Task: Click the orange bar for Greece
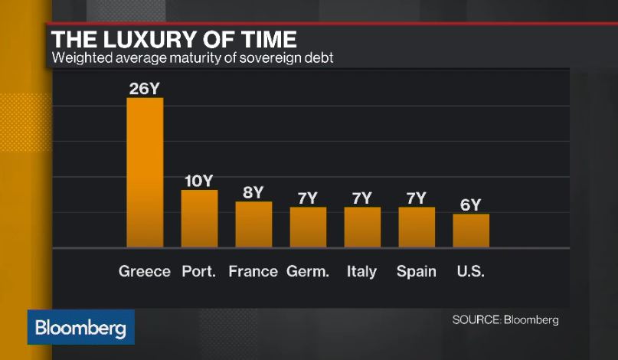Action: (145, 172)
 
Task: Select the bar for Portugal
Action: (199, 219)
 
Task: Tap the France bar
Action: (253, 224)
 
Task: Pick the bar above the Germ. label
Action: (308, 227)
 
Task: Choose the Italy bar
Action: (362, 227)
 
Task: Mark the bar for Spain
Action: (417, 227)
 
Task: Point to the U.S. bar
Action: (471, 231)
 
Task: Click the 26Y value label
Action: (145, 89)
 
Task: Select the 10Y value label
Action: (199, 181)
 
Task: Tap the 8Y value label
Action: (253, 192)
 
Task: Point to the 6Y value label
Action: (471, 205)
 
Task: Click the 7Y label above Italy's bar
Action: (361, 198)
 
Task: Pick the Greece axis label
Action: (145, 271)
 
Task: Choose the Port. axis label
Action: (198, 271)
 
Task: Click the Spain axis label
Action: (417, 272)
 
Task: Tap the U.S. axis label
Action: (471, 271)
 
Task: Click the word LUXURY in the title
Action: (152, 39)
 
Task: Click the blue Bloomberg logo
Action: (81, 327)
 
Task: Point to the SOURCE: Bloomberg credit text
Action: (505, 319)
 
